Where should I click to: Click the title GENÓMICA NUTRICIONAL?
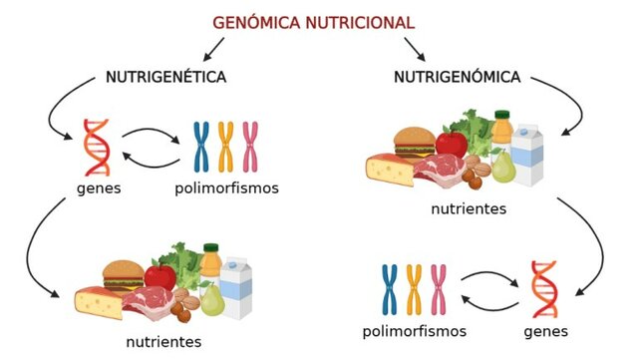click(x=314, y=22)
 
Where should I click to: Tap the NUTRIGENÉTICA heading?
click(x=166, y=77)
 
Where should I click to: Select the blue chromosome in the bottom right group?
click(x=390, y=289)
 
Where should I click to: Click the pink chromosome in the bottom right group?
click(x=440, y=289)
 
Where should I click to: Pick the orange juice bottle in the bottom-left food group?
click(x=210, y=262)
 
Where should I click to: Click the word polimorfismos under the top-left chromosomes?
click(x=226, y=188)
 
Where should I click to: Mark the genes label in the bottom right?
click(x=544, y=331)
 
